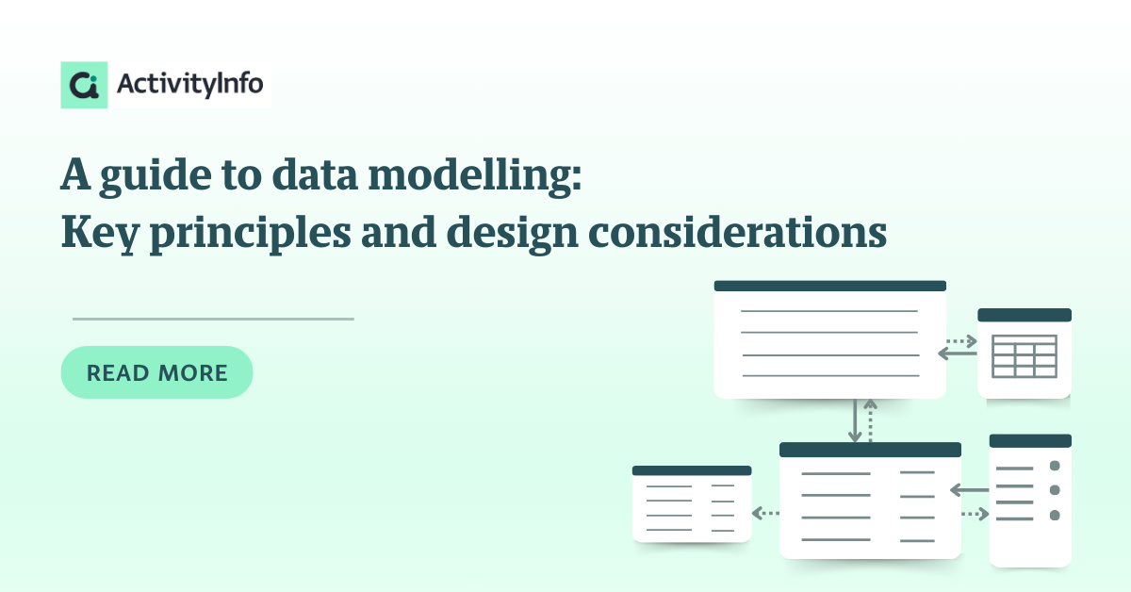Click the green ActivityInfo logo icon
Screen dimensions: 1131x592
84,85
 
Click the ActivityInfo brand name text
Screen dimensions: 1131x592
189,84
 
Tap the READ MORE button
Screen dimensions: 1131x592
156,372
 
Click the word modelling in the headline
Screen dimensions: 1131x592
475,175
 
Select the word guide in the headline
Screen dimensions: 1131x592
156,175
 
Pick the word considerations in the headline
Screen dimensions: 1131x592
737,232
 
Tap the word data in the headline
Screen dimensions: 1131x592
315,174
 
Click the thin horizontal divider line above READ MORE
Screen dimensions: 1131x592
213,319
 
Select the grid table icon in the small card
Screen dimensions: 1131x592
1024,356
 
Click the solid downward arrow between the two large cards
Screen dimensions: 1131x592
855,420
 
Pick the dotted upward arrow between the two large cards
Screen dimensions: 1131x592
870,420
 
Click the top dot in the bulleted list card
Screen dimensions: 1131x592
1055,466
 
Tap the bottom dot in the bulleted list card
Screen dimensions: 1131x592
1055,516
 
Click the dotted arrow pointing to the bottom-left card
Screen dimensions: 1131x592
765,513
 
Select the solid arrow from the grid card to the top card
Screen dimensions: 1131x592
958,354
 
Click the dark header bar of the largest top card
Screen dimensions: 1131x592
830,286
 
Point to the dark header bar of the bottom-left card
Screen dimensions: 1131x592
692,470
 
